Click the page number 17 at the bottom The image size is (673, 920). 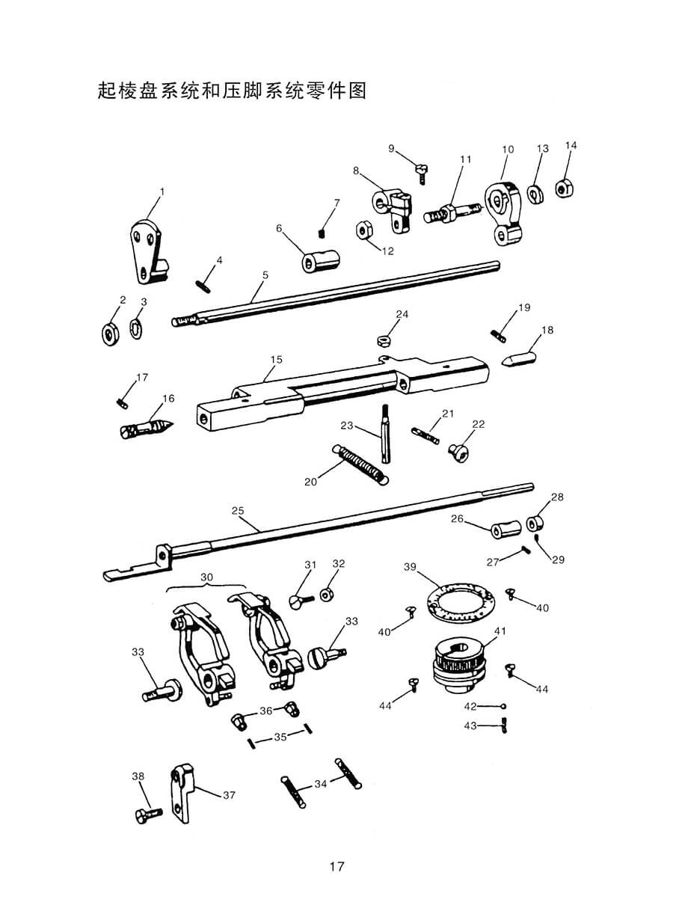coord(336,867)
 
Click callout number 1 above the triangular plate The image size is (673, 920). coord(162,192)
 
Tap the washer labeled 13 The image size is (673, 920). coord(535,194)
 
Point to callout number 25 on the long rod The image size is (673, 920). coord(238,511)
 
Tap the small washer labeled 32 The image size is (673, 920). coord(326,595)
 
